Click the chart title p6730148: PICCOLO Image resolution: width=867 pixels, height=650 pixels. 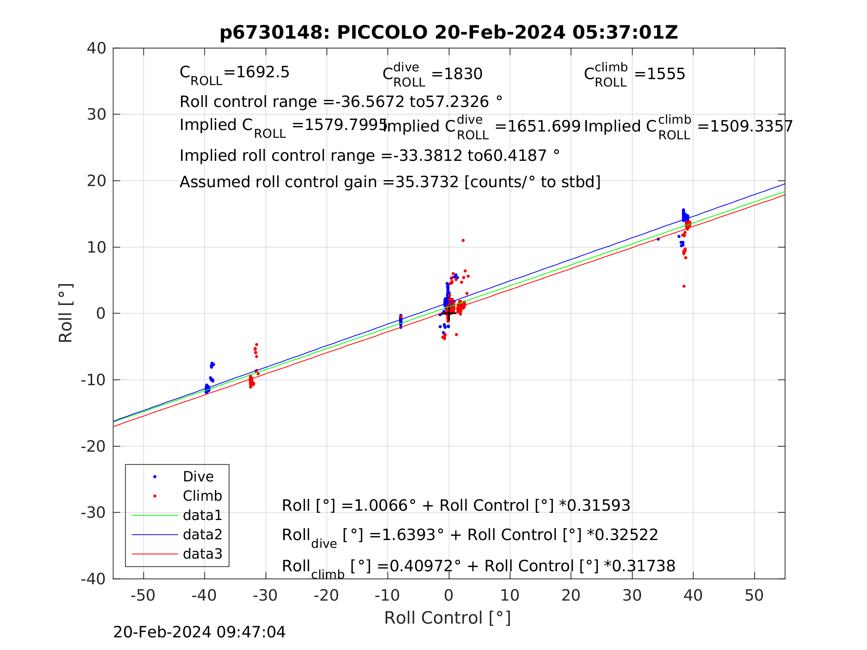(449, 33)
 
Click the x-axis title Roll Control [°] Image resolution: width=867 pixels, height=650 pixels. (447, 618)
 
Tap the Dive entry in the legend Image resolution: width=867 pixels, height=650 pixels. (198, 477)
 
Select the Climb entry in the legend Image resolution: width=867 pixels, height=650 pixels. (202, 496)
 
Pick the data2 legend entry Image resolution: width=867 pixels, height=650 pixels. (202, 534)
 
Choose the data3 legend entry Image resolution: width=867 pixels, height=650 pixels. (202, 554)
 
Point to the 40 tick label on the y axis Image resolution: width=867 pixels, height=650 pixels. (96, 48)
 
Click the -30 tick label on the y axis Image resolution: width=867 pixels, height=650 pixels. (93, 513)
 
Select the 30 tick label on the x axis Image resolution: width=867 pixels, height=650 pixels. (632, 595)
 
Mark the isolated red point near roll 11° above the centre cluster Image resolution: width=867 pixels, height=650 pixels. (463, 241)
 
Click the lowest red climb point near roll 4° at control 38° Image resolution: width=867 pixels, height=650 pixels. (684, 286)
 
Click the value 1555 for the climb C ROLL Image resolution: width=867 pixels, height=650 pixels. (666, 74)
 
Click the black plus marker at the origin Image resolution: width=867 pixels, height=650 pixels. (449, 313)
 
